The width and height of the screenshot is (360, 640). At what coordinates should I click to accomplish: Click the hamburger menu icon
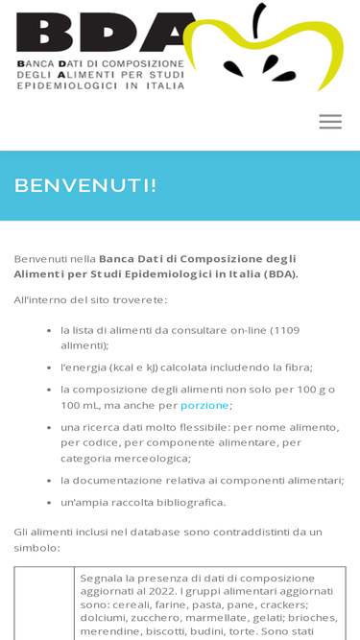click(x=330, y=122)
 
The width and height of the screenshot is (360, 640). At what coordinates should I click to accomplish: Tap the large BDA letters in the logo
click(x=96, y=34)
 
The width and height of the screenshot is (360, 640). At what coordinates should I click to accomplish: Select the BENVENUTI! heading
click(x=85, y=185)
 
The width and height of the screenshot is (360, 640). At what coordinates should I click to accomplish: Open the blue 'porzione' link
click(x=204, y=405)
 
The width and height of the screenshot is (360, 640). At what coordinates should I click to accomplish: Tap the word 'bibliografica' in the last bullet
click(x=185, y=502)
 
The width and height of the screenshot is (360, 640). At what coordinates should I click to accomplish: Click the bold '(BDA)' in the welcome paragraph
click(x=281, y=274)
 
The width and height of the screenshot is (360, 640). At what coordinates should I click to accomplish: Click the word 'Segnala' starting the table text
click(x=104, y=578)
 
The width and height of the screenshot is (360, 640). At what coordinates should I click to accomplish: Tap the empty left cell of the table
click(x=44, y=604)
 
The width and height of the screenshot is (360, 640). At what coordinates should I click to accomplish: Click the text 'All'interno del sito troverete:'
click(x=90, y=299)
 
